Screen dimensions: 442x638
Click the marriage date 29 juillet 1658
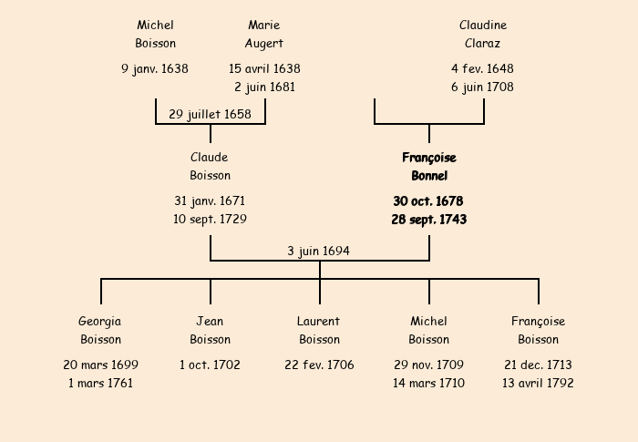(210, 114)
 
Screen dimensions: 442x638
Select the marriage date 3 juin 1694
(318, 251)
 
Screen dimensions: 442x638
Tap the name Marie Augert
(264, 34)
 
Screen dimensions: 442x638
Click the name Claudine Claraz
(482, 34)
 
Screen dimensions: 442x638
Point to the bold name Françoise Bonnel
(428, 167)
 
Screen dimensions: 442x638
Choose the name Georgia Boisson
(100, 330)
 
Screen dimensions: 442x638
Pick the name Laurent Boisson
(319, 330)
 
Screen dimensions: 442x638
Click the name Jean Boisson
(210, 330)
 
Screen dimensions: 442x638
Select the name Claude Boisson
(210, 167)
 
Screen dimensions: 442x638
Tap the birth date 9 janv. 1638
(155, 68)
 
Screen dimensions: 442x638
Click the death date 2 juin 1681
(264, 87)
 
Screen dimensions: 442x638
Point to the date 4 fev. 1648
(482, 68)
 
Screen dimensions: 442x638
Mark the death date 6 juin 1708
(482, 87)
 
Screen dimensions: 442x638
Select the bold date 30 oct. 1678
(428, 200)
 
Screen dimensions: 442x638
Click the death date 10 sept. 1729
(210, 220)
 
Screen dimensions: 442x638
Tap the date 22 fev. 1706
(319, 365)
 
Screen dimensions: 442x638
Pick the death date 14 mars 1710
(428, 384)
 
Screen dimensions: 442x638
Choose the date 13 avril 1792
(538, 384)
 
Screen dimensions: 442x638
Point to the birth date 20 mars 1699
(100, 365)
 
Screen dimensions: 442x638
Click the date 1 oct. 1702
(210, 365)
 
